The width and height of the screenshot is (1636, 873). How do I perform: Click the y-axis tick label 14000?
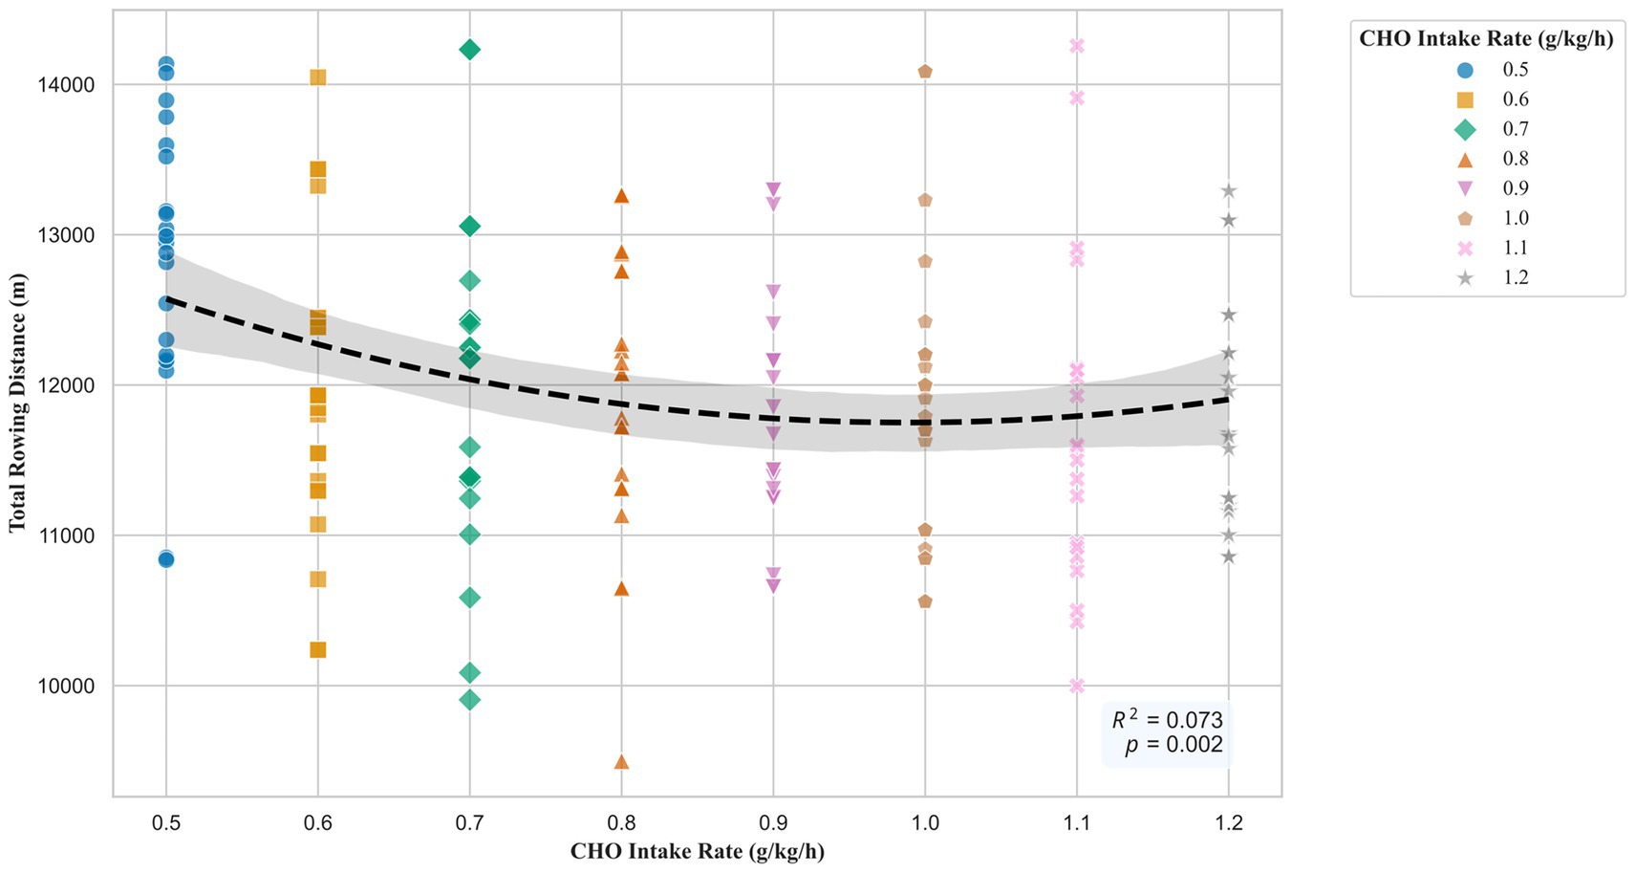(x=66, y=85)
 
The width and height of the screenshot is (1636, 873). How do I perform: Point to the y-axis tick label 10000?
(x=66, y=687)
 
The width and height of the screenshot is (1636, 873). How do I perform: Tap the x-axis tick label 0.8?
(x=621, y=822)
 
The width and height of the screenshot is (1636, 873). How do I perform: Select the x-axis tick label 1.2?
(x=1229, y=822)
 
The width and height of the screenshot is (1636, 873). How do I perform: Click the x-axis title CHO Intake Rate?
(x=697, y=851)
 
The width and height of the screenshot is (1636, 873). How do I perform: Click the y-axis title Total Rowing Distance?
(x=17, y=403)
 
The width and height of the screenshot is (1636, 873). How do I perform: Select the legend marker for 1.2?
(x=1465, y=277)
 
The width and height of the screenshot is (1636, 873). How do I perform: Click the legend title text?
(x=1486, y=38)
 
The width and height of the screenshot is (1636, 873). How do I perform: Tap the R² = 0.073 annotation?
(x=1167, y=720)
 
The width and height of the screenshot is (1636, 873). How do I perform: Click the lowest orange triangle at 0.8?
(x=621, y=762)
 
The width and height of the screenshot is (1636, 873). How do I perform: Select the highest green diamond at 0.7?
(x=469, y=50)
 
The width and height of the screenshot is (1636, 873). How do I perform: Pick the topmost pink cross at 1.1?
(x=1077, y=46)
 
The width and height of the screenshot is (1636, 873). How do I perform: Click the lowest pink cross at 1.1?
(x=1077, y=686)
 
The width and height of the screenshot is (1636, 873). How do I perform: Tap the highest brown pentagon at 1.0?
(x=925, y=72)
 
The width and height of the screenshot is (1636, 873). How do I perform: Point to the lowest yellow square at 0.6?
(x=318, y=650)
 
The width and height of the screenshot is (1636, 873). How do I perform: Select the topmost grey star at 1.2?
(x=1229, y=191)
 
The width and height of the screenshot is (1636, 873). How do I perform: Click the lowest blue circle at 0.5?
(x=166, y=559)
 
